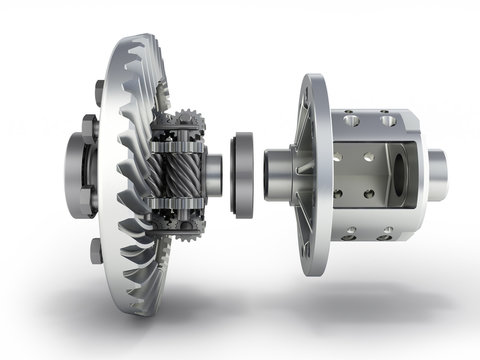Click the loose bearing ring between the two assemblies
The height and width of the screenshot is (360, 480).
tap(243, 174)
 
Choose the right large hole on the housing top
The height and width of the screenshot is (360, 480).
tap(386, 120)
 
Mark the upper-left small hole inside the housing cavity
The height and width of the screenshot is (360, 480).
tap(339, 154)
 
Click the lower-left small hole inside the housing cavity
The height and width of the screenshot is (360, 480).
tap(339, 193)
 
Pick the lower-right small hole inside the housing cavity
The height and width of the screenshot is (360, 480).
tap(369, 193)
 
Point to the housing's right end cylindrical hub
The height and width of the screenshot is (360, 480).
tap(436, 173)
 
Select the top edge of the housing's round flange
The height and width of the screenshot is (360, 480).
tap(309, 78)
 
